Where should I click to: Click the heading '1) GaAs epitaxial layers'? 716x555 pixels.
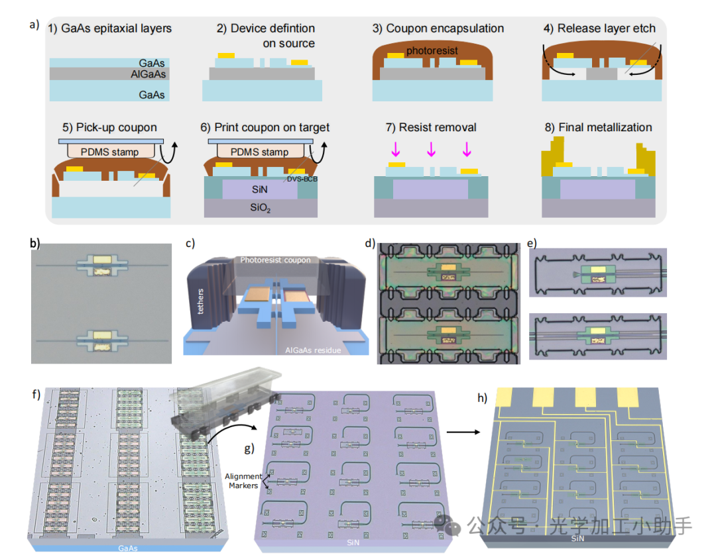click(110, 28)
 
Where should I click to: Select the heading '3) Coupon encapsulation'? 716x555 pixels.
click(438, 28)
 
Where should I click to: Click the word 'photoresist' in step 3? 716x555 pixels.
click(432, 50)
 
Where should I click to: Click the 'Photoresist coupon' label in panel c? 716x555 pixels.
click(276, 260)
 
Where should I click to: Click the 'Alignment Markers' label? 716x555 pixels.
click(243, 481)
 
